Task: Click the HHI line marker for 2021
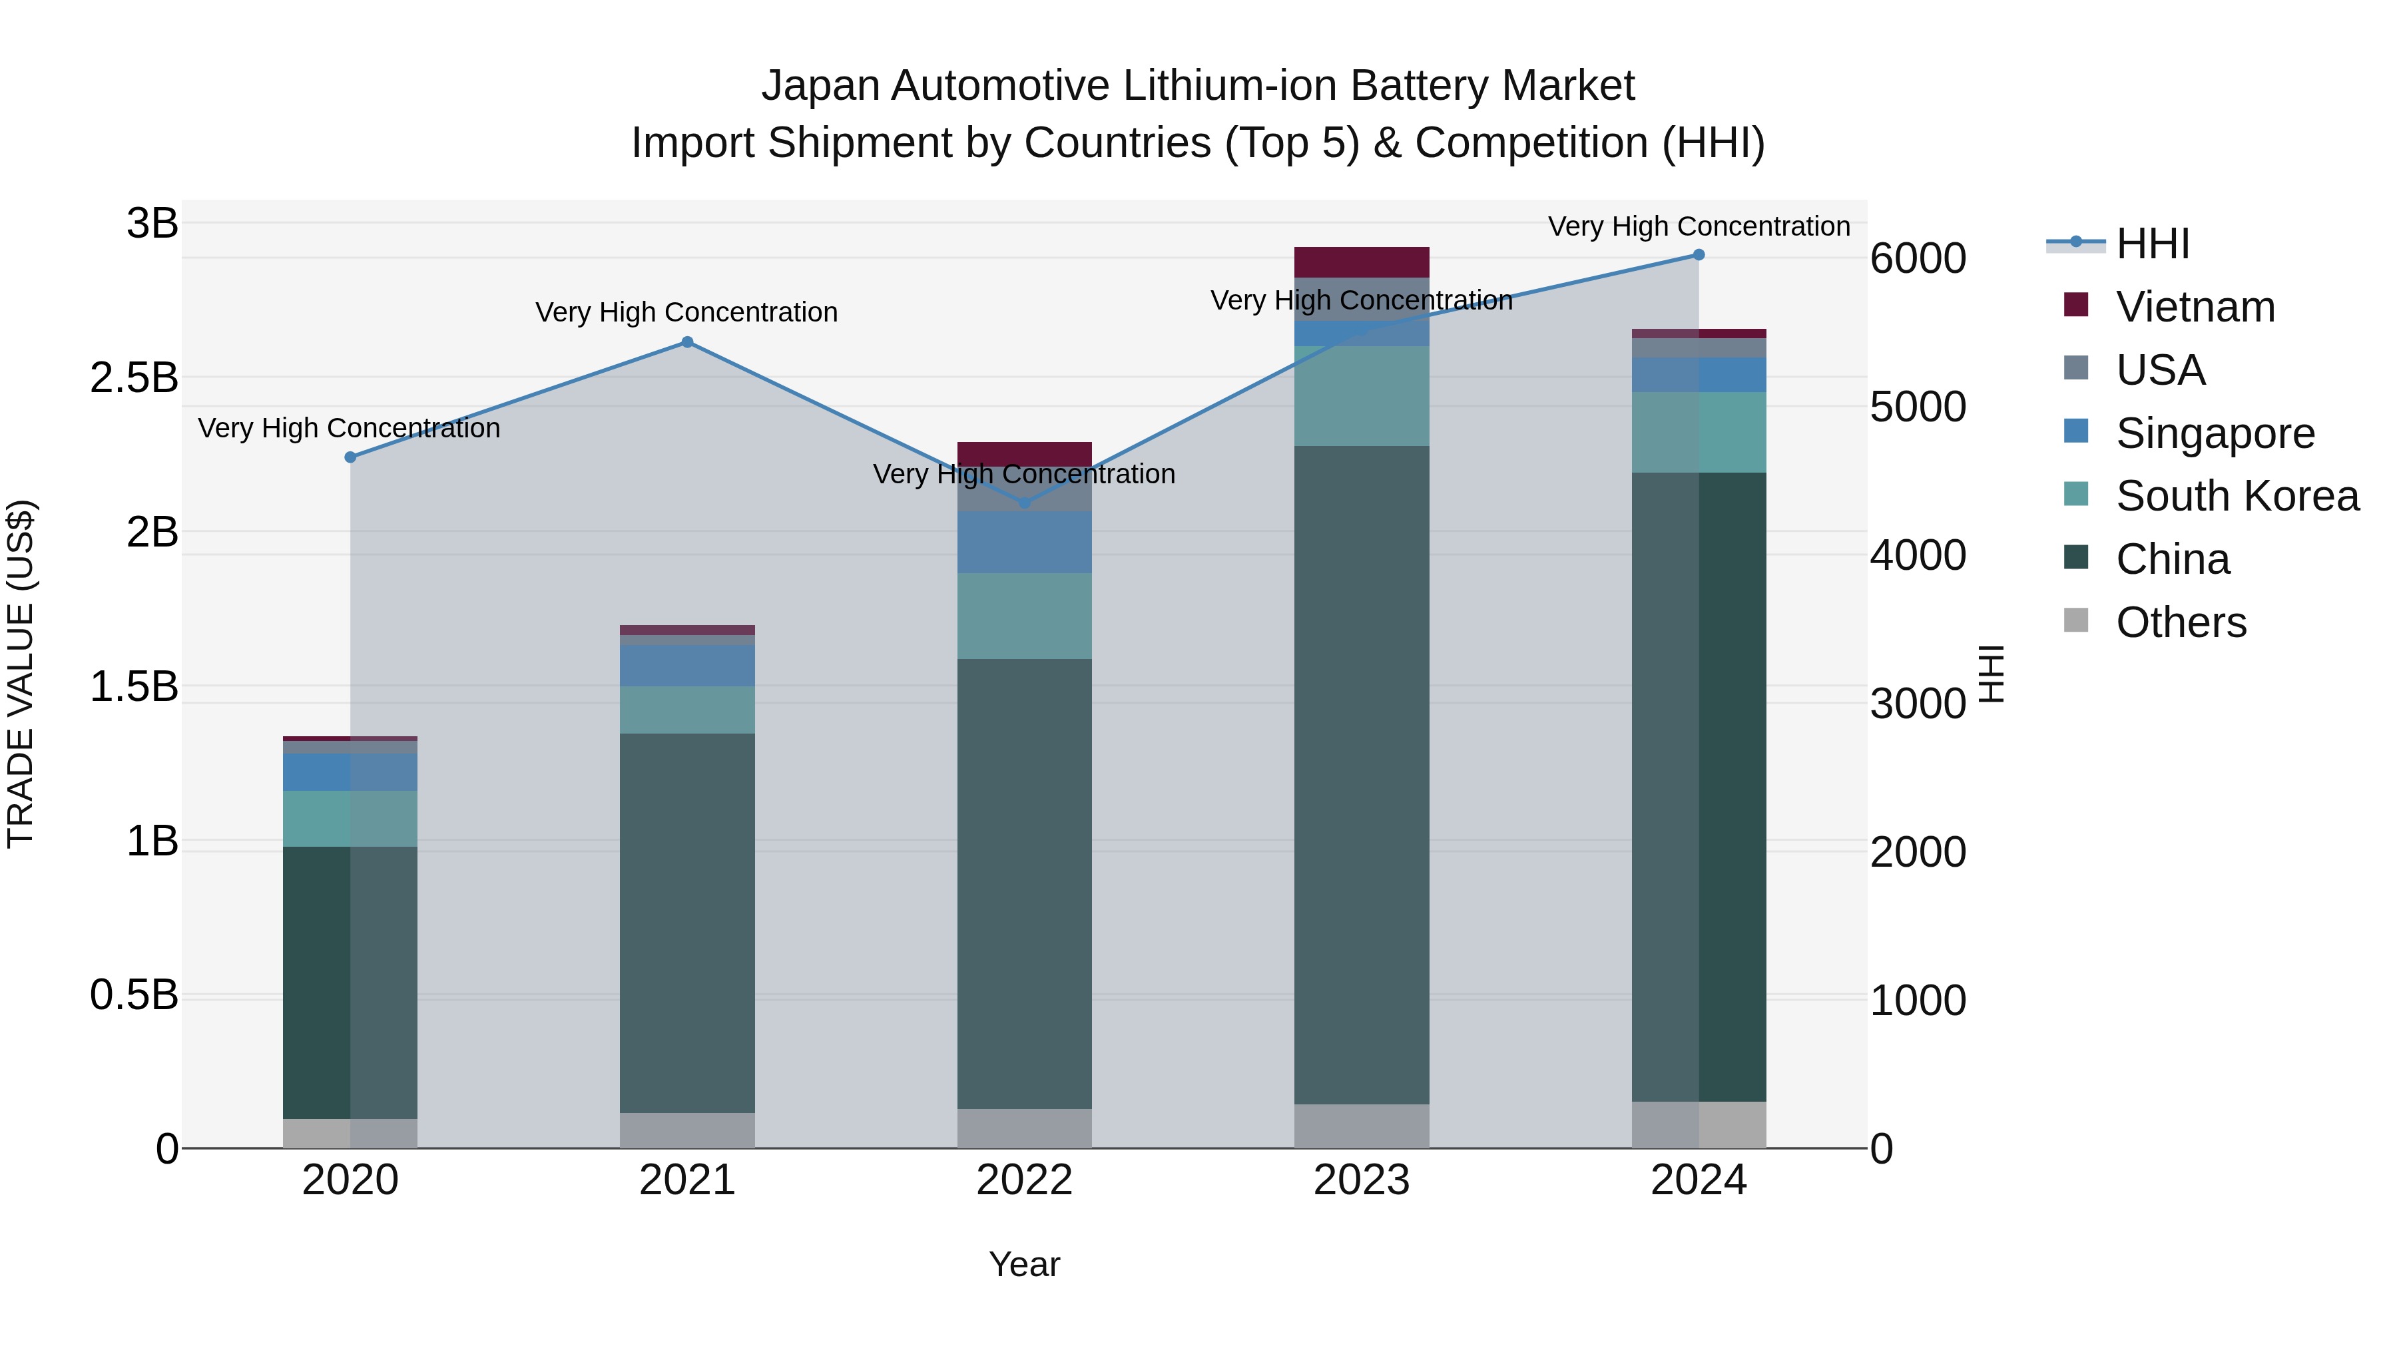point(686,341)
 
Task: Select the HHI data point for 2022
point(1025,503)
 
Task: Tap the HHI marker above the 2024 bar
point(1698,255)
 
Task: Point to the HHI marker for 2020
point(350,457)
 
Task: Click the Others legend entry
point(2180,622)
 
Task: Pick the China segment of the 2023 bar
point(1362,772)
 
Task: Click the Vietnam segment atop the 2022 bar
point(1025,453)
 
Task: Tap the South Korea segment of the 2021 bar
point(686,710)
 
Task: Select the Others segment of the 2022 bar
point(1025,1128)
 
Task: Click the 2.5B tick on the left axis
point(134,377)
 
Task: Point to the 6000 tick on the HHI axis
point(1918,259)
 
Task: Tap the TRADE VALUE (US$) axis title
point(21,674)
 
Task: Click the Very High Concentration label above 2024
point(1698,226)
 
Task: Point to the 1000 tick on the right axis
point(1918,1001)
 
